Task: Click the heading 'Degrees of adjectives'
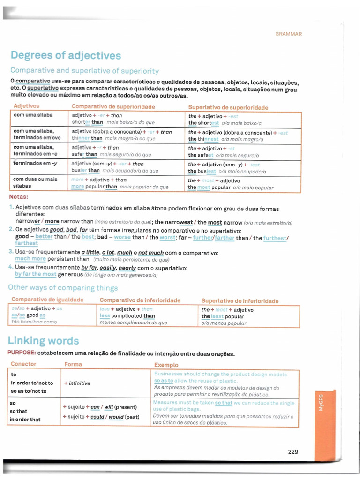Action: (x=66, y=56)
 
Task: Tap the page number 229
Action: (x=293, y=452)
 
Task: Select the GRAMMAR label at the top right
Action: (x=288, y=34)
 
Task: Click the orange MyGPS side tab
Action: (x=321, y=403)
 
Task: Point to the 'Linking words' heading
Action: (x=43, y=341)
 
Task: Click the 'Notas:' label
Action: (x=18, y=196)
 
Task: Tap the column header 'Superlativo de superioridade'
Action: (x=228, y=107)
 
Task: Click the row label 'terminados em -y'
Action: (x=35, y=163)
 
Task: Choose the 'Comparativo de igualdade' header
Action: (x=47, y=300)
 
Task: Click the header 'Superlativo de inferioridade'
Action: (x=240, y=301)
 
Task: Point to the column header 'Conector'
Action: (x=23, y=364)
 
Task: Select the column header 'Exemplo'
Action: (x=166, y=365)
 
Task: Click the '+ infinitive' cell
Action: (x=77, y=383)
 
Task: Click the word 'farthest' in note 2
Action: (x=27, y=243)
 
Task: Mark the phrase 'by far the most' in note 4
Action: (x=36, y=274)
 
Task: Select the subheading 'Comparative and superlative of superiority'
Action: (x=84, y=71)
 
